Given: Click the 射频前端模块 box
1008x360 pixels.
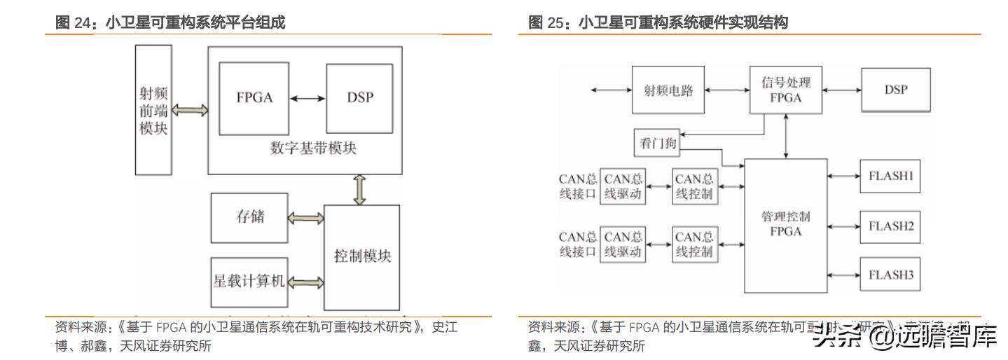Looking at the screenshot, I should coord(153,110).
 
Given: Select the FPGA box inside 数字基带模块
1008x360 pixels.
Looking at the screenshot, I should coord(254,98).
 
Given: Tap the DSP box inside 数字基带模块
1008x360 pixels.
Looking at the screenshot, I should coord(360,98).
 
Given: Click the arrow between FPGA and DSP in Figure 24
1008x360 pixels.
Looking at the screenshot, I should coord(308,98).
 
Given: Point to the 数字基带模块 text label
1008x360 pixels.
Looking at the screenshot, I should coord(312,148).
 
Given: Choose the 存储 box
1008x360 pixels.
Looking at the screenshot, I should coord(249,218).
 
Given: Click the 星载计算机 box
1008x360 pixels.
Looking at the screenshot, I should coord(249,282).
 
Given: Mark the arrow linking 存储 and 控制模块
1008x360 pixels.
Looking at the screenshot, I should coord(306,219).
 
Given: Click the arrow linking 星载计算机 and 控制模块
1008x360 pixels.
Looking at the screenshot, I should coord(306,282).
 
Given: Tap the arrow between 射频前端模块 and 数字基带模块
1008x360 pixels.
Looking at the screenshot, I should coord(190,110).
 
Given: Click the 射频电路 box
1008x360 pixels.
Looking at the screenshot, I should coord(668,90).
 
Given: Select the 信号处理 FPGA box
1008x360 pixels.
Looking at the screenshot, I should coord(785,90).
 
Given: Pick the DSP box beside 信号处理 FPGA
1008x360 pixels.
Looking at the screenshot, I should coord(895,90).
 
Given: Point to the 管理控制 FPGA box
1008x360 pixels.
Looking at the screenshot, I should coord(785,225).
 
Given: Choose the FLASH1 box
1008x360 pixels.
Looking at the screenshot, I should coord(890,176).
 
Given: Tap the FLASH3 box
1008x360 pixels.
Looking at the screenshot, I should coord(890,275).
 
